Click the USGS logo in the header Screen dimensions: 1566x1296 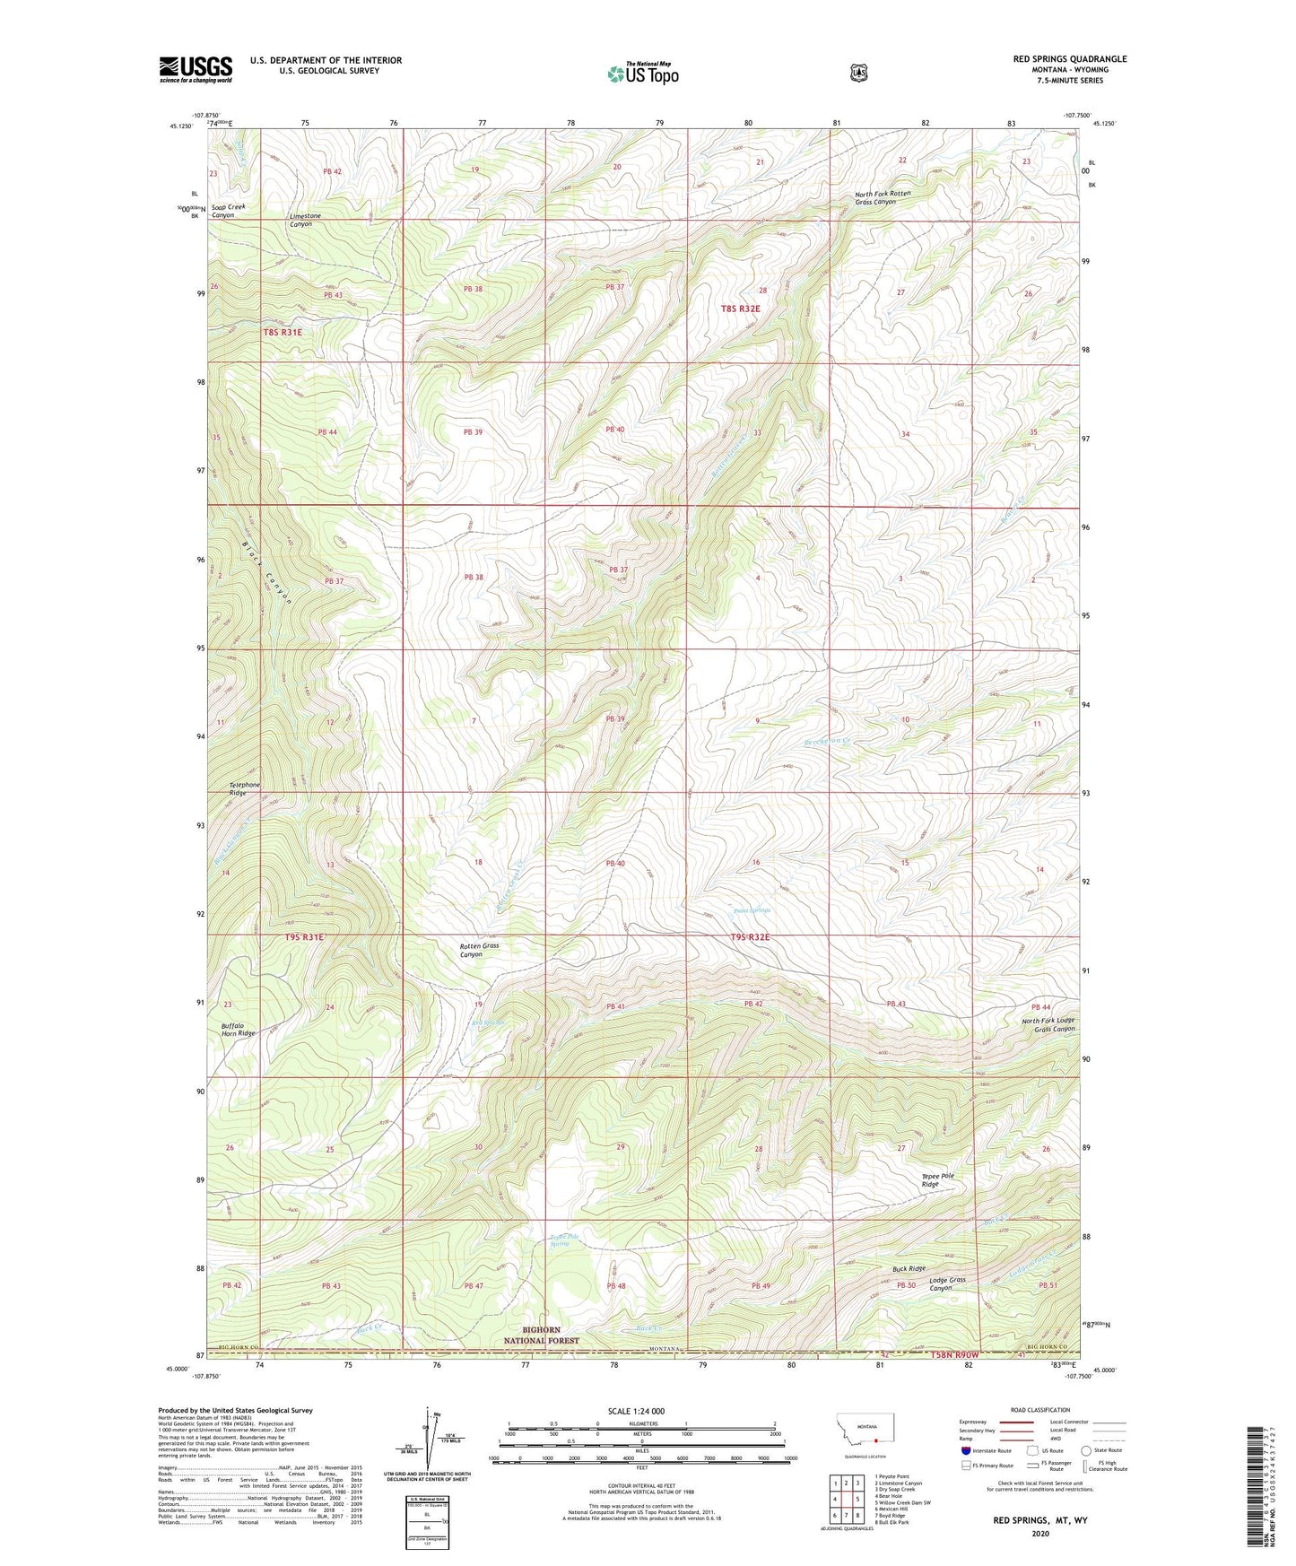(196, 69)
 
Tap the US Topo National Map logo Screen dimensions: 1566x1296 (641, 73)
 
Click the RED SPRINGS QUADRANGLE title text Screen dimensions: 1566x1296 (1069, 59)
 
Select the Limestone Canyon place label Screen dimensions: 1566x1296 (305, 220)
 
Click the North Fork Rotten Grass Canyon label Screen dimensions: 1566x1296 (882, 197)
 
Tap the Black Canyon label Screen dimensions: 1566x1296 (266, 573)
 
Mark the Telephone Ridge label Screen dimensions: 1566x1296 (244, 788)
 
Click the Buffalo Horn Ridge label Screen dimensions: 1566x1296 (238, 1029)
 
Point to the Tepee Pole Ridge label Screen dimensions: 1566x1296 (937, 1179)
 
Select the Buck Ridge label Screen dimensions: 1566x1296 (909, 1268)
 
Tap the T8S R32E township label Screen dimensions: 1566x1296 (740, 309)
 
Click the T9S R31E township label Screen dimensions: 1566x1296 (304, 936)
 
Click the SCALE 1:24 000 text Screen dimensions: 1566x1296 (636, 1411)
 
